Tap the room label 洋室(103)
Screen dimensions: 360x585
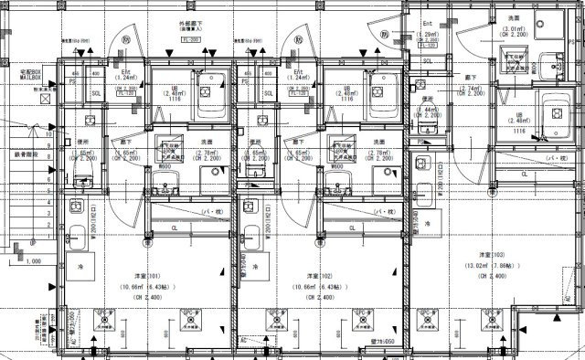[494, 255]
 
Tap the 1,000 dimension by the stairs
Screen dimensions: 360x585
[32, 261]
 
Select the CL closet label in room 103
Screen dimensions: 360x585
[524, 174]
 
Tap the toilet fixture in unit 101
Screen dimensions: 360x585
[81, 166]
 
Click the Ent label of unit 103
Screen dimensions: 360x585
[427, 23]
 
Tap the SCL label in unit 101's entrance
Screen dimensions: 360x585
[98, 93]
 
